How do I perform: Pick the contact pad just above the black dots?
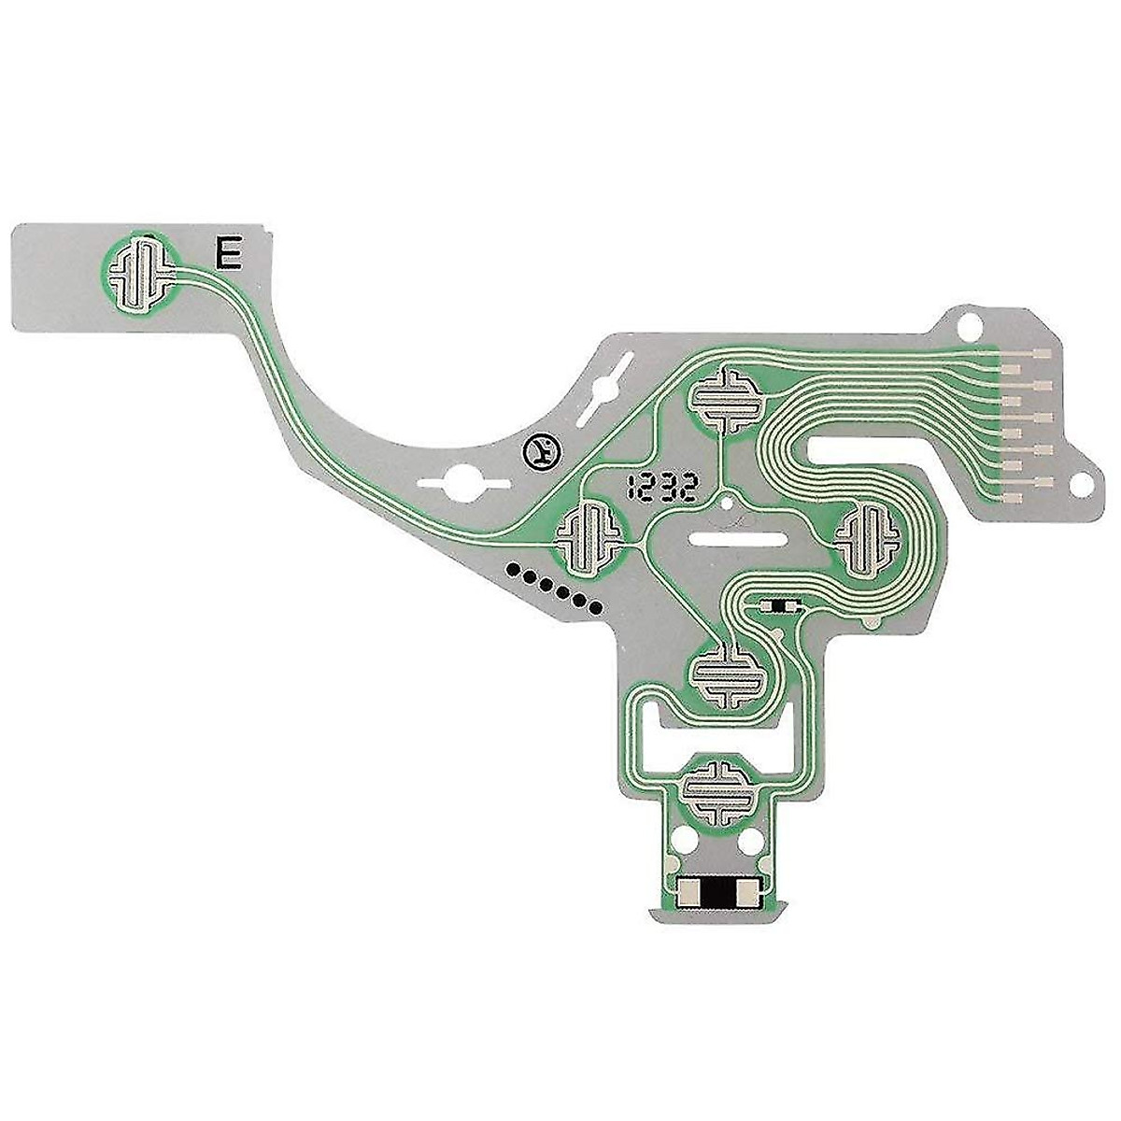click(x=589, y=536)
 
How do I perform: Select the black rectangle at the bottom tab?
click(x=717, y=894)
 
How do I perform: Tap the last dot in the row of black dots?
click(x=594, y=608)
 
